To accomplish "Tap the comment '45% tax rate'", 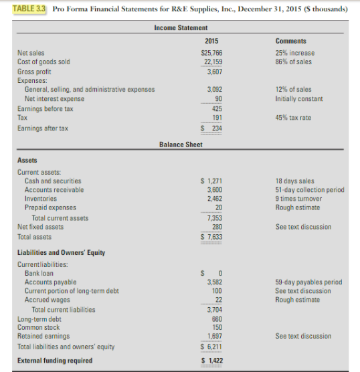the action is coord(295,118).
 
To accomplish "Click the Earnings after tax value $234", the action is coord(212,128).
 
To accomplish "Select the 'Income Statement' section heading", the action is coord(180,27).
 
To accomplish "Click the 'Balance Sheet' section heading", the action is coord(180,145).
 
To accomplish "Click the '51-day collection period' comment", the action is coord(309,190).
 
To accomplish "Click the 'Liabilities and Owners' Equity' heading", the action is coord(61,252).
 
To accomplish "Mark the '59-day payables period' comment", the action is coord(306,282).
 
